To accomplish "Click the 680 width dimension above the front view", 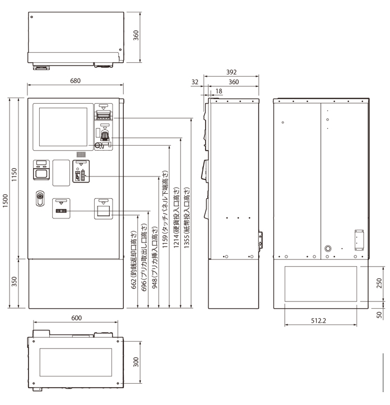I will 75,81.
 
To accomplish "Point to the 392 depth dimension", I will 231,72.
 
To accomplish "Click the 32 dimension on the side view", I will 195,82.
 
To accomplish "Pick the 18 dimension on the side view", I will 219,90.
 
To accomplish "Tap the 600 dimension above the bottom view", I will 76,318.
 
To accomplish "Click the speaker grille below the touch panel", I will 81,154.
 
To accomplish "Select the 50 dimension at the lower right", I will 379,314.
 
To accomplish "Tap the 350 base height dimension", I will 16,283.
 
